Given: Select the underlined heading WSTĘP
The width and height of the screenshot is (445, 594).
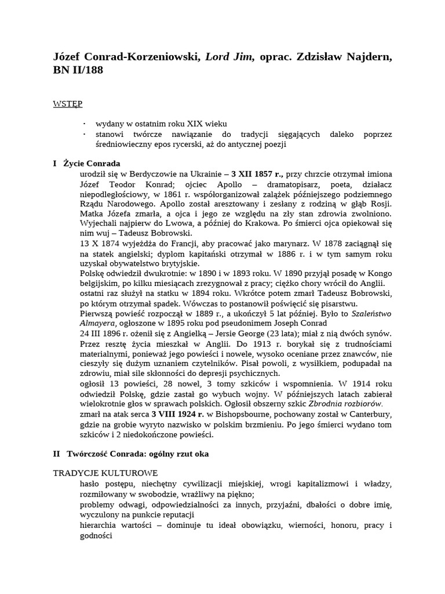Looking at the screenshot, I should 67,104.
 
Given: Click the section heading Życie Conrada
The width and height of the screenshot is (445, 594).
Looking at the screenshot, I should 92,164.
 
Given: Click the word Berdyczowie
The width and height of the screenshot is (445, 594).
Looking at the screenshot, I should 149,173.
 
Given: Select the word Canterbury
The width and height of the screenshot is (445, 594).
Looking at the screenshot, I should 367,414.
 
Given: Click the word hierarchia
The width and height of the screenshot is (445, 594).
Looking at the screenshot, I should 99,526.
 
